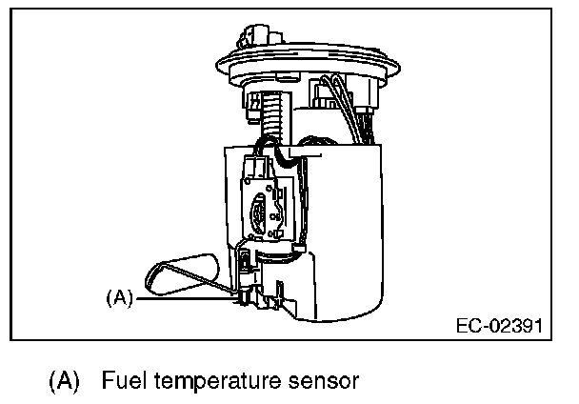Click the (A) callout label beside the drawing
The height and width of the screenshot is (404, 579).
tap(119, 296)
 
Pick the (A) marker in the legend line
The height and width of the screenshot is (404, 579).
tap(65, 382)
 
